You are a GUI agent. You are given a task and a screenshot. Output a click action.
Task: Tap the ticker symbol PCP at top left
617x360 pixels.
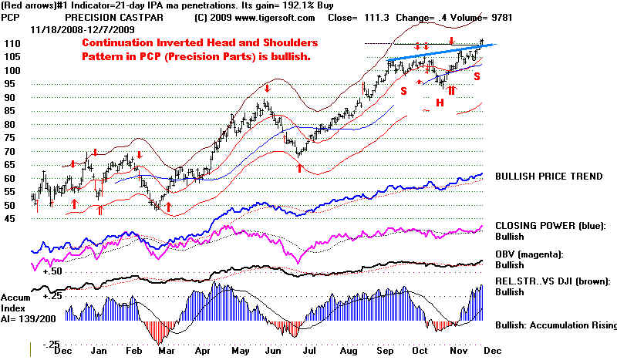[14, 17]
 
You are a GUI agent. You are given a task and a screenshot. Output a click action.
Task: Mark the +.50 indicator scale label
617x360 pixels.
[52, 271]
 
